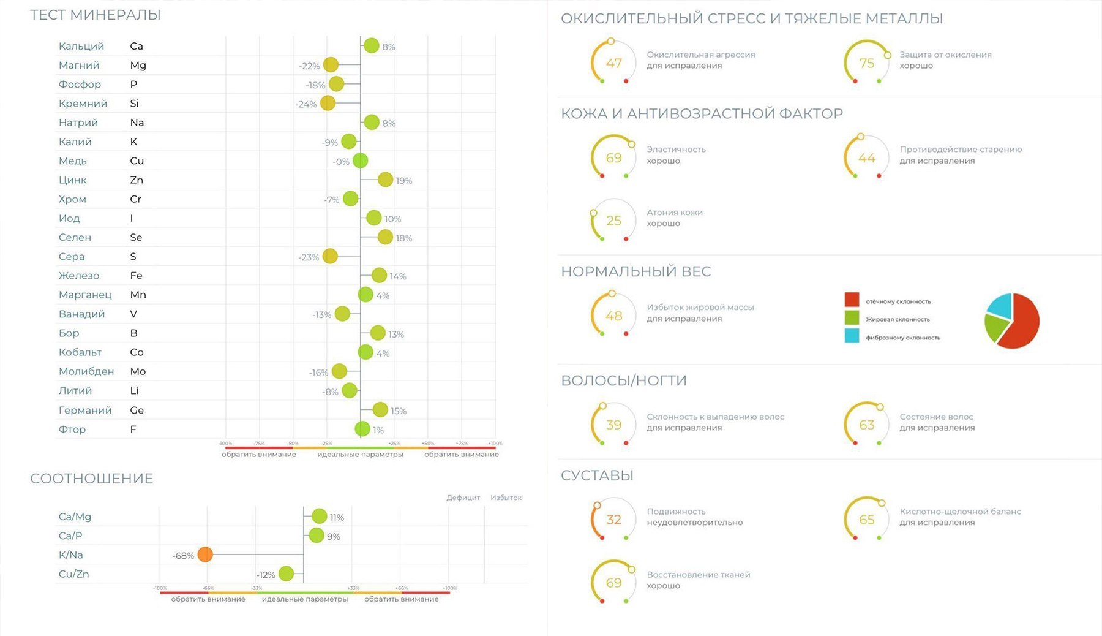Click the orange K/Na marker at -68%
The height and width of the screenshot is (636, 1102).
205,555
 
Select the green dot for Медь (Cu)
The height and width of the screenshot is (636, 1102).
360,161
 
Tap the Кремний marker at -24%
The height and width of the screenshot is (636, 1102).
328,103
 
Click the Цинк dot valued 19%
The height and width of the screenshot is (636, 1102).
385,180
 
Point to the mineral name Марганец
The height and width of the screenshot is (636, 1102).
85,295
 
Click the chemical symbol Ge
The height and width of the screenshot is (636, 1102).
137,410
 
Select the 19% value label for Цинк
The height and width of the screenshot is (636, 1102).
404,181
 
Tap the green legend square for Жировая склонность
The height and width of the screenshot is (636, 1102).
852,317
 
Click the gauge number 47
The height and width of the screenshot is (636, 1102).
613,63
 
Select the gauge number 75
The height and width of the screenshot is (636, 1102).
866,63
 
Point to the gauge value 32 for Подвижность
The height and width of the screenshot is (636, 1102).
613,520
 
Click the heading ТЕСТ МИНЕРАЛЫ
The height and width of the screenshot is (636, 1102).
96,15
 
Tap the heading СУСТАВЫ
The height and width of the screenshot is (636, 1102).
597,475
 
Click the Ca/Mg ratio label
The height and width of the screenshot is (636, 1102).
75,517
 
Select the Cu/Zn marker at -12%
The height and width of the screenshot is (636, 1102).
286,574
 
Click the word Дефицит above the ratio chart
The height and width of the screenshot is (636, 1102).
463,498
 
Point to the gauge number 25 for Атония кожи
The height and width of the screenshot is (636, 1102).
613,221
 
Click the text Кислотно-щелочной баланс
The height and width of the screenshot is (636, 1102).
960,511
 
